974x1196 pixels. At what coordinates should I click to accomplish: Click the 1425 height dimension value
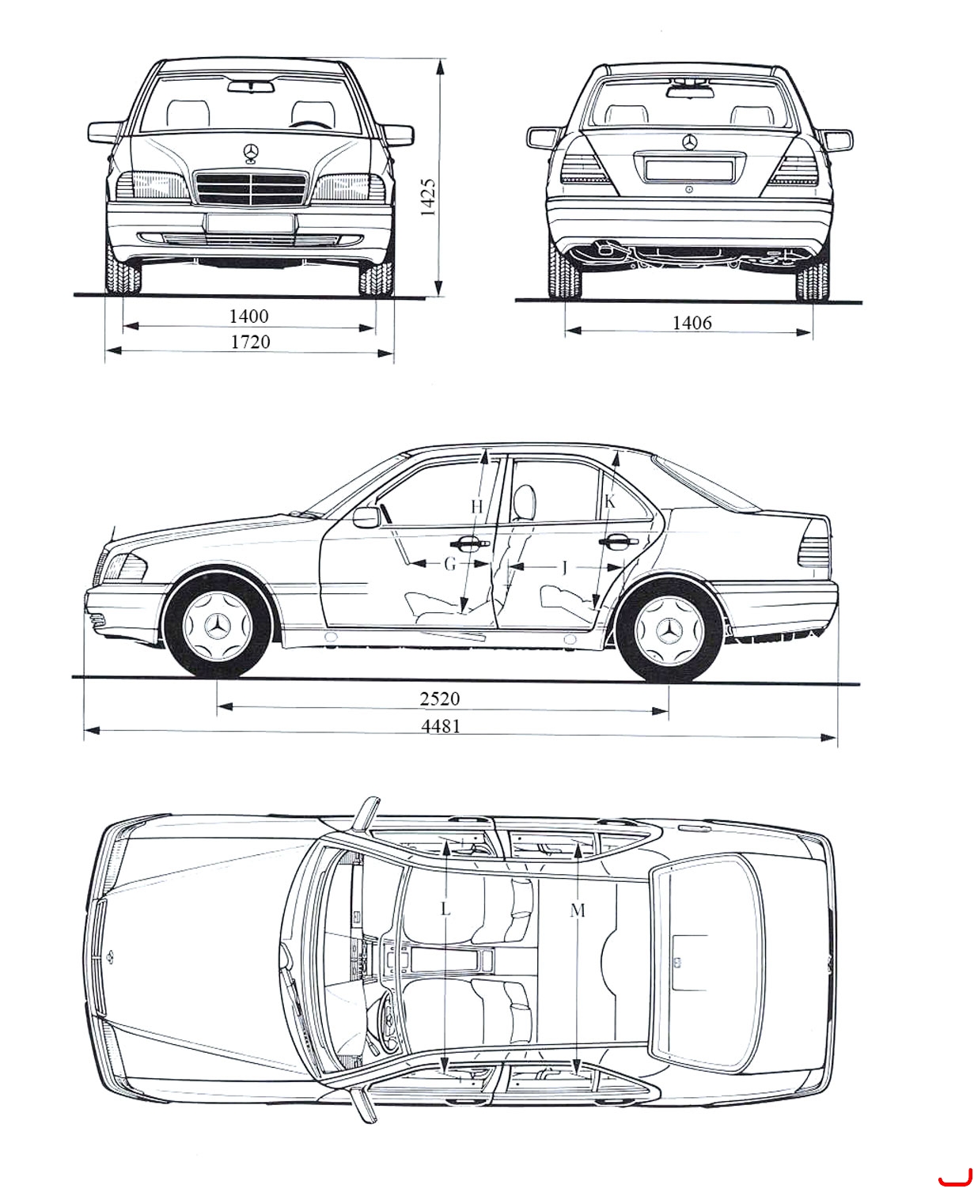[x=427, y=197]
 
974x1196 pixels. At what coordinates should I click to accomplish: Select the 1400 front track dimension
[x=248, y=316]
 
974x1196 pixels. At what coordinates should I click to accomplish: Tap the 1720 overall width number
[x=251, y=342]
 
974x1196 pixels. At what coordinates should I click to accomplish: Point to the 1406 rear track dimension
[x=692, y=323]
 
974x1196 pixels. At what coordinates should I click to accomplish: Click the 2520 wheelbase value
[x=440, y=698]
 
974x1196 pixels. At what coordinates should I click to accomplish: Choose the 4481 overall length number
[x=441, y=726]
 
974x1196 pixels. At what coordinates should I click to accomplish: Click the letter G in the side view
[x=450, y=564]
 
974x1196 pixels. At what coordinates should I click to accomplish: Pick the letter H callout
[x=477, y=507]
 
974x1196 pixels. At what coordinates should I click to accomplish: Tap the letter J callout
[x=565, y=569]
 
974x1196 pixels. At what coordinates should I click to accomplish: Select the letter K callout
[x=610, y=501]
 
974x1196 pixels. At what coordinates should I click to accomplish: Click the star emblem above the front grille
[x=251, y=153]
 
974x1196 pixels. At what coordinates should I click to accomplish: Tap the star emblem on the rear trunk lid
[x=690, y=142]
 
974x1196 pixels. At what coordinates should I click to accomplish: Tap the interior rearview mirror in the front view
[x=252, y=86]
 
